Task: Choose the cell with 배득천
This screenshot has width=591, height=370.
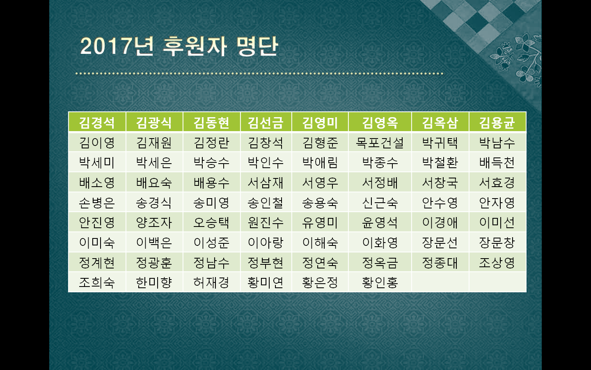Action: coord(497,163)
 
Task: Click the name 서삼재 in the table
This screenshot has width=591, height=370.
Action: coord(266,183)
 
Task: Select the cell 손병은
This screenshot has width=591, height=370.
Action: coord(97,203)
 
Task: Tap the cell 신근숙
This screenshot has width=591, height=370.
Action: coord(380,203)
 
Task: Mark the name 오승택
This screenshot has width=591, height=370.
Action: coord(211,222)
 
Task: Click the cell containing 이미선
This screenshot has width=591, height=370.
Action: coord(497,222)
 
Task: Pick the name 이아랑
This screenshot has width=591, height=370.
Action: coord(266,243)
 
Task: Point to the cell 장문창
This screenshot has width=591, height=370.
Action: coord(497,243)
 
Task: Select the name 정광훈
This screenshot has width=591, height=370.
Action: coord(154,262)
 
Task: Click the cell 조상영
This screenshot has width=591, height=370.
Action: coord(497,262)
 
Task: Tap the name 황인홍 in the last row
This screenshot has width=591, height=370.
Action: coord(380,282)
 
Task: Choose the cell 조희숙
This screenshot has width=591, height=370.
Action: coord(97,282)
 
